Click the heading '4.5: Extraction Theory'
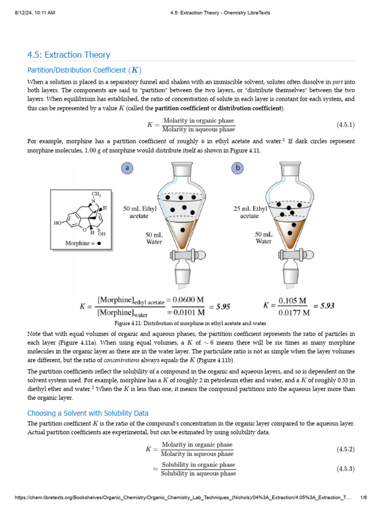click(x=69, y=55)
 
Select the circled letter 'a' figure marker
click(x=128, y=168)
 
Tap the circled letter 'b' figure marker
click(x=238, y=168)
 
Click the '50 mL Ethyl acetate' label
click(x=139, y=213)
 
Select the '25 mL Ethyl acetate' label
click(x=250, y=213)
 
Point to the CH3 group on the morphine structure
click(x=95, y=194)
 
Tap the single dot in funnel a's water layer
click(x=183, y=230)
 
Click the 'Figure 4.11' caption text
click(x=191, y=323)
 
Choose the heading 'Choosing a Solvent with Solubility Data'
click(x=88, y=413)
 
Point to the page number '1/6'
click(x=363, y=498)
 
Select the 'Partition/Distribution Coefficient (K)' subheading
click(x=88, y=70)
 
